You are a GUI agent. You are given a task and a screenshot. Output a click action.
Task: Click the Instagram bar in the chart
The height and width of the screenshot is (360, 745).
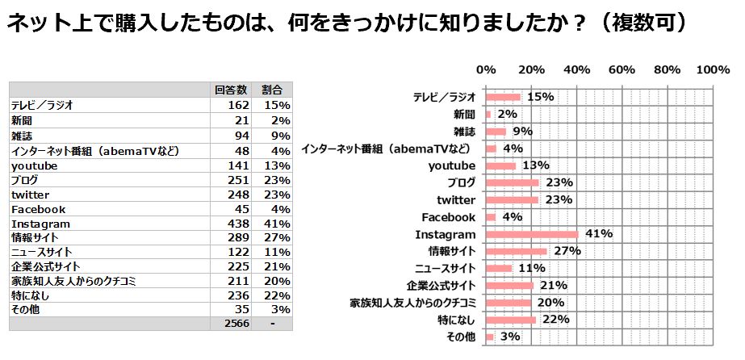532,234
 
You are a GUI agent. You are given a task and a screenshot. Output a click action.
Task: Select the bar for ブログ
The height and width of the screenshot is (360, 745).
513,182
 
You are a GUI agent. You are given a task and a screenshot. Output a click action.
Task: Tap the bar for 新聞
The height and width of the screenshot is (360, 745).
488,115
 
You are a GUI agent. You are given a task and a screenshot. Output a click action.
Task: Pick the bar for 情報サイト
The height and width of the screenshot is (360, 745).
517,251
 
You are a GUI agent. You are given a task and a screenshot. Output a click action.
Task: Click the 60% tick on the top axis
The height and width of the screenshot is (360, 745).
622,70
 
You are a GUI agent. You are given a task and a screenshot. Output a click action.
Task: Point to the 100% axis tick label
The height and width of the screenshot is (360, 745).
713,70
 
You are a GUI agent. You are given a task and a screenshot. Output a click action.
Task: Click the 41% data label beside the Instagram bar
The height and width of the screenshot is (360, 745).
600,234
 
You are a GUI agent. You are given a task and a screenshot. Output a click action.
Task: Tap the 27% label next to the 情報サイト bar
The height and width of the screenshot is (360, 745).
567,251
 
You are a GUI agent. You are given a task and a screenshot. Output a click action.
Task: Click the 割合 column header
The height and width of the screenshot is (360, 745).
272,90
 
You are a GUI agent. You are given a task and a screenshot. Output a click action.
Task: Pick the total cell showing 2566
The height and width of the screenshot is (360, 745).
236,323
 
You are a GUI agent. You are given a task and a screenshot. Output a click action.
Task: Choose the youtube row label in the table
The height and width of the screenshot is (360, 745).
34,165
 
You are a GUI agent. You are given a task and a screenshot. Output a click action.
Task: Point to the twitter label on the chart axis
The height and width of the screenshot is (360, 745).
456,200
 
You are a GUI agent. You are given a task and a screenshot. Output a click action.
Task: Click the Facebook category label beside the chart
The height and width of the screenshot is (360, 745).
449,217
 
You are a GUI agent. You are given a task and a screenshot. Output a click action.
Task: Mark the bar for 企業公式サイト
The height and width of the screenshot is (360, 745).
510,285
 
